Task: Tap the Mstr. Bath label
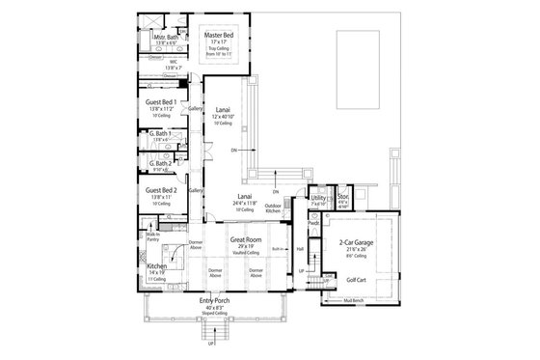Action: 163,38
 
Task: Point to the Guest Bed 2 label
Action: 161,191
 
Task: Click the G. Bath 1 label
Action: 160,133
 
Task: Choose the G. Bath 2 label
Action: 160,164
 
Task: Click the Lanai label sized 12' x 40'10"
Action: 223,110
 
